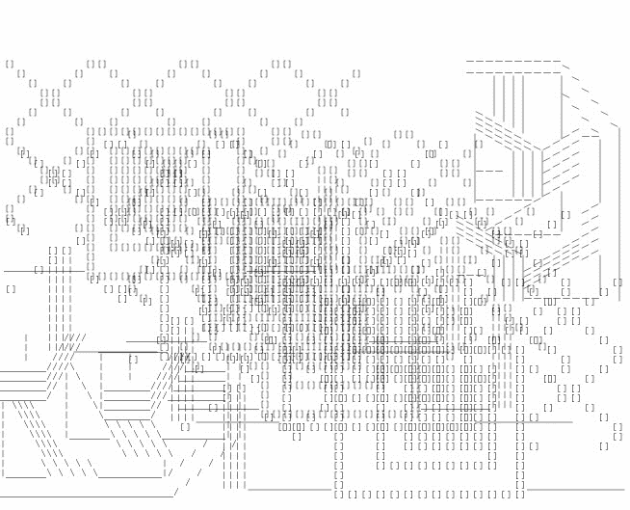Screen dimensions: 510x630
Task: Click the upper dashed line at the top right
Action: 512,62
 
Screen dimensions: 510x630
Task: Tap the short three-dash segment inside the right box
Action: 488,171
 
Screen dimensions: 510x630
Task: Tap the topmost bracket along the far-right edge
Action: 617,282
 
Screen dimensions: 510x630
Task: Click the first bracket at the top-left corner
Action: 10,65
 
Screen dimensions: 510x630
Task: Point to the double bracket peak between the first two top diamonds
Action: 96,65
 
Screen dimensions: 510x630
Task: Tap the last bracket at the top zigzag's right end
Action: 356,73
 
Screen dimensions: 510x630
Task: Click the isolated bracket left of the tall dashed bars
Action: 11,288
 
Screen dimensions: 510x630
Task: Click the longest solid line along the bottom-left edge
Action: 87,497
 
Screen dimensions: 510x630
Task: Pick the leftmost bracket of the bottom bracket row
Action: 338,495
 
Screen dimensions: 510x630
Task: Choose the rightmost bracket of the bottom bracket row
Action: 520,495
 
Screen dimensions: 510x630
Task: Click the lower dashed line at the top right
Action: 512,72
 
